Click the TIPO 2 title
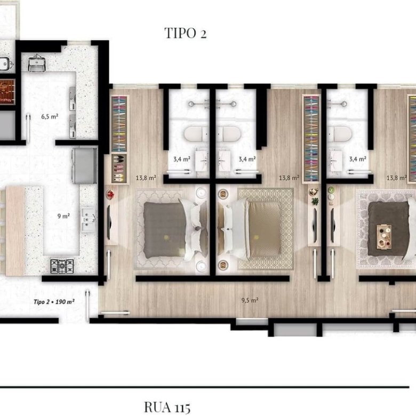(186, 33)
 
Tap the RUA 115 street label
(167, 407)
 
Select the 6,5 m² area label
(50, 116)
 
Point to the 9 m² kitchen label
(63, 216)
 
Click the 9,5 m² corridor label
(250, 300)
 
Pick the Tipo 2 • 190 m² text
(54, 302)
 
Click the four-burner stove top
(62, 266)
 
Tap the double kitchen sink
(88, 220)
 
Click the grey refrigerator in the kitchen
(85, 166)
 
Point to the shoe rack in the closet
(119, 169)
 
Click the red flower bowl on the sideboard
(110, 194)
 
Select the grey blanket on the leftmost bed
(164, 230)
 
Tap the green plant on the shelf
(315, 201)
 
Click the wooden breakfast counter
(15, 231)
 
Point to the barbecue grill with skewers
(7, 92)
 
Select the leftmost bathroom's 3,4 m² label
(182, 159)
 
